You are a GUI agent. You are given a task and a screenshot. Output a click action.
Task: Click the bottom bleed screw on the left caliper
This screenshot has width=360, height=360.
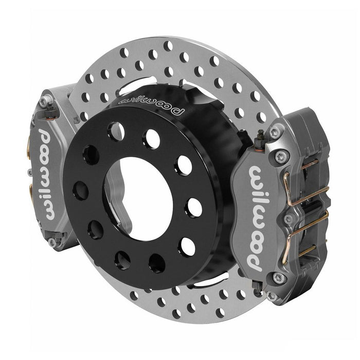tap(53, 241)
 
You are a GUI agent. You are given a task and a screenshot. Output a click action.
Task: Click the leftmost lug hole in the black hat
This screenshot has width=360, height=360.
tap(81, 190)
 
